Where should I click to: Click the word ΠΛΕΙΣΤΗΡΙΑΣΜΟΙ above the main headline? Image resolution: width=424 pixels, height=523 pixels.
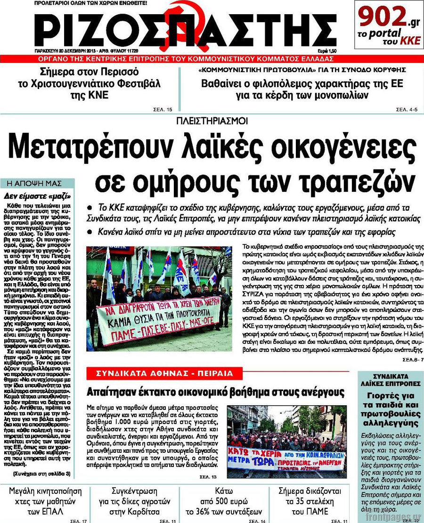pyautogui.click(x=212, y=121)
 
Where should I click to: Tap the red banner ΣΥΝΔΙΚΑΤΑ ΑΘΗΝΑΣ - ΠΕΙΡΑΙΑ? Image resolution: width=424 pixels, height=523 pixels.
pyautogui.click(x=164, y=374)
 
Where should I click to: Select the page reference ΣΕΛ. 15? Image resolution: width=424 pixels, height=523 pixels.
pyautogui.click(x=163, y=110)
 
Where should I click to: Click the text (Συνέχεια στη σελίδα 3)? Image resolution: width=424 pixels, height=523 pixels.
pyautogui.click(x=42, y=473)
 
